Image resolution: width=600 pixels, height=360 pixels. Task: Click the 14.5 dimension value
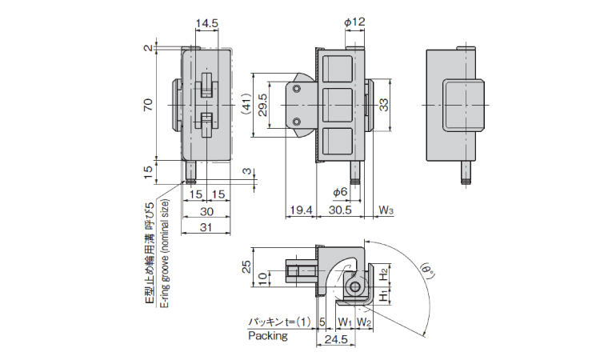[x=206, y=23]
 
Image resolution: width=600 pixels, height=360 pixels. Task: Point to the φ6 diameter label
[x=340, y=192]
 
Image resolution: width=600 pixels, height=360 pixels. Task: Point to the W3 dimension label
[x=386, y=210]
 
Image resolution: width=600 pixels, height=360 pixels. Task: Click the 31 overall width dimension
[x=206, y=227]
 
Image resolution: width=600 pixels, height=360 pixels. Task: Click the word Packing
[x=267, y=336]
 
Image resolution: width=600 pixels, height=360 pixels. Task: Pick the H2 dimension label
[x=386, y=273]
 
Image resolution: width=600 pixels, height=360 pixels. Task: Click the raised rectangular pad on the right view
[x=462, y=105]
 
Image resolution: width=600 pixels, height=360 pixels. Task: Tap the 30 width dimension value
[x=206, y=211]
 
